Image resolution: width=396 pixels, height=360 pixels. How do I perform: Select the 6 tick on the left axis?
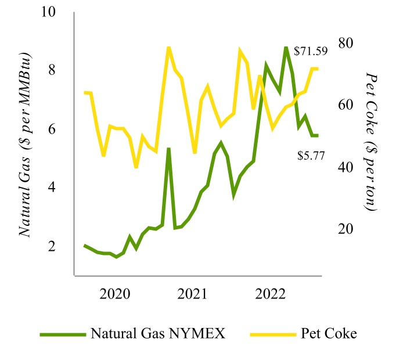[52, 129]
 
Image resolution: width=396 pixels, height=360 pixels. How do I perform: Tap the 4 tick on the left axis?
[52, 188]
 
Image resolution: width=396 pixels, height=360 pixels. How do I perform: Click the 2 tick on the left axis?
[52, 246]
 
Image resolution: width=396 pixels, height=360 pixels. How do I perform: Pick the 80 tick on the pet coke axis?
[345, 43]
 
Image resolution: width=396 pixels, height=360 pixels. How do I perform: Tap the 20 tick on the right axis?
[345, 229]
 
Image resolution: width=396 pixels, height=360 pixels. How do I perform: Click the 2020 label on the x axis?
[115, 293]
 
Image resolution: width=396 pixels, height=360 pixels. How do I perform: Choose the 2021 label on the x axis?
[192, 293]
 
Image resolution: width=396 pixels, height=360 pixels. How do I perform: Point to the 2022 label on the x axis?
[269, 293]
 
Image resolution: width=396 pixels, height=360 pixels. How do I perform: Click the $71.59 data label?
[311, 51]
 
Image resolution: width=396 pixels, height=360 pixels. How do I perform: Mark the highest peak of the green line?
[286, 48]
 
